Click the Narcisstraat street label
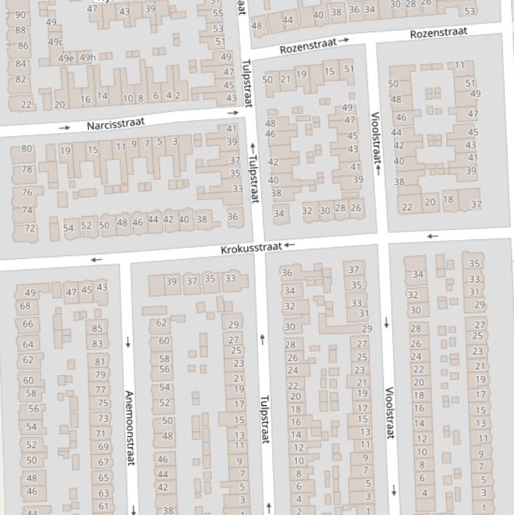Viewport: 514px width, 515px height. coord(116,124)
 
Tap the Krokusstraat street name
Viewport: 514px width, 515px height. coord(251,249)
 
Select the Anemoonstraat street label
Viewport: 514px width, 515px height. coord(129,428)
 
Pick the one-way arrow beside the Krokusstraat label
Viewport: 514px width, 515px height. coord(289,245)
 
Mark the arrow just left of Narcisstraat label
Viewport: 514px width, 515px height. coord(64,127)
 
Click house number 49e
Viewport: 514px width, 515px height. coord(66,58)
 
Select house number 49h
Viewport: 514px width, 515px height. coord(88,58)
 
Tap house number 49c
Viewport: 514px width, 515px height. coord(55,42)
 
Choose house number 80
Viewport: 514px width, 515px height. coord(27,149)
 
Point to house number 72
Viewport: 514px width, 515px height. coord(30,228)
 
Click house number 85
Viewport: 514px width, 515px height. coord(98,328)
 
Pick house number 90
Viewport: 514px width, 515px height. coord(21,15)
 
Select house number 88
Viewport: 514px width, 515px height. coord(21,30)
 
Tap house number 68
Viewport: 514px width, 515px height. coord(25,306)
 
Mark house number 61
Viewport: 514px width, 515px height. coord(104,506)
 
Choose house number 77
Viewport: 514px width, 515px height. coord(100,389)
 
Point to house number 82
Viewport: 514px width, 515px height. coord(21,80)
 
